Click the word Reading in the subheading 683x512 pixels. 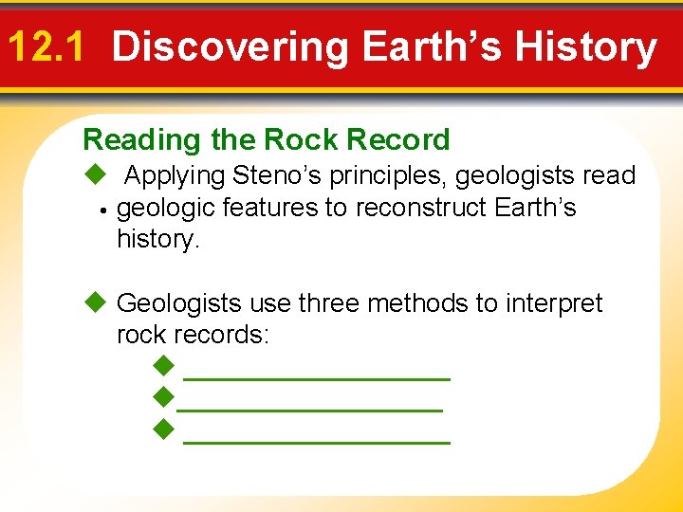(x=143, y=140)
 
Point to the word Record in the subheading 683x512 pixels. (x=398, y=140)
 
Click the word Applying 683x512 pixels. (x=175, y=176)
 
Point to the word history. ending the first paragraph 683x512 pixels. (x=158, y=239)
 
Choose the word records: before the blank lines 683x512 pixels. (x=224, y=335)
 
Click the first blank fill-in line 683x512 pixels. (x=316, y=376)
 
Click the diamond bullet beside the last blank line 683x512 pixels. (x=164, y=431)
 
